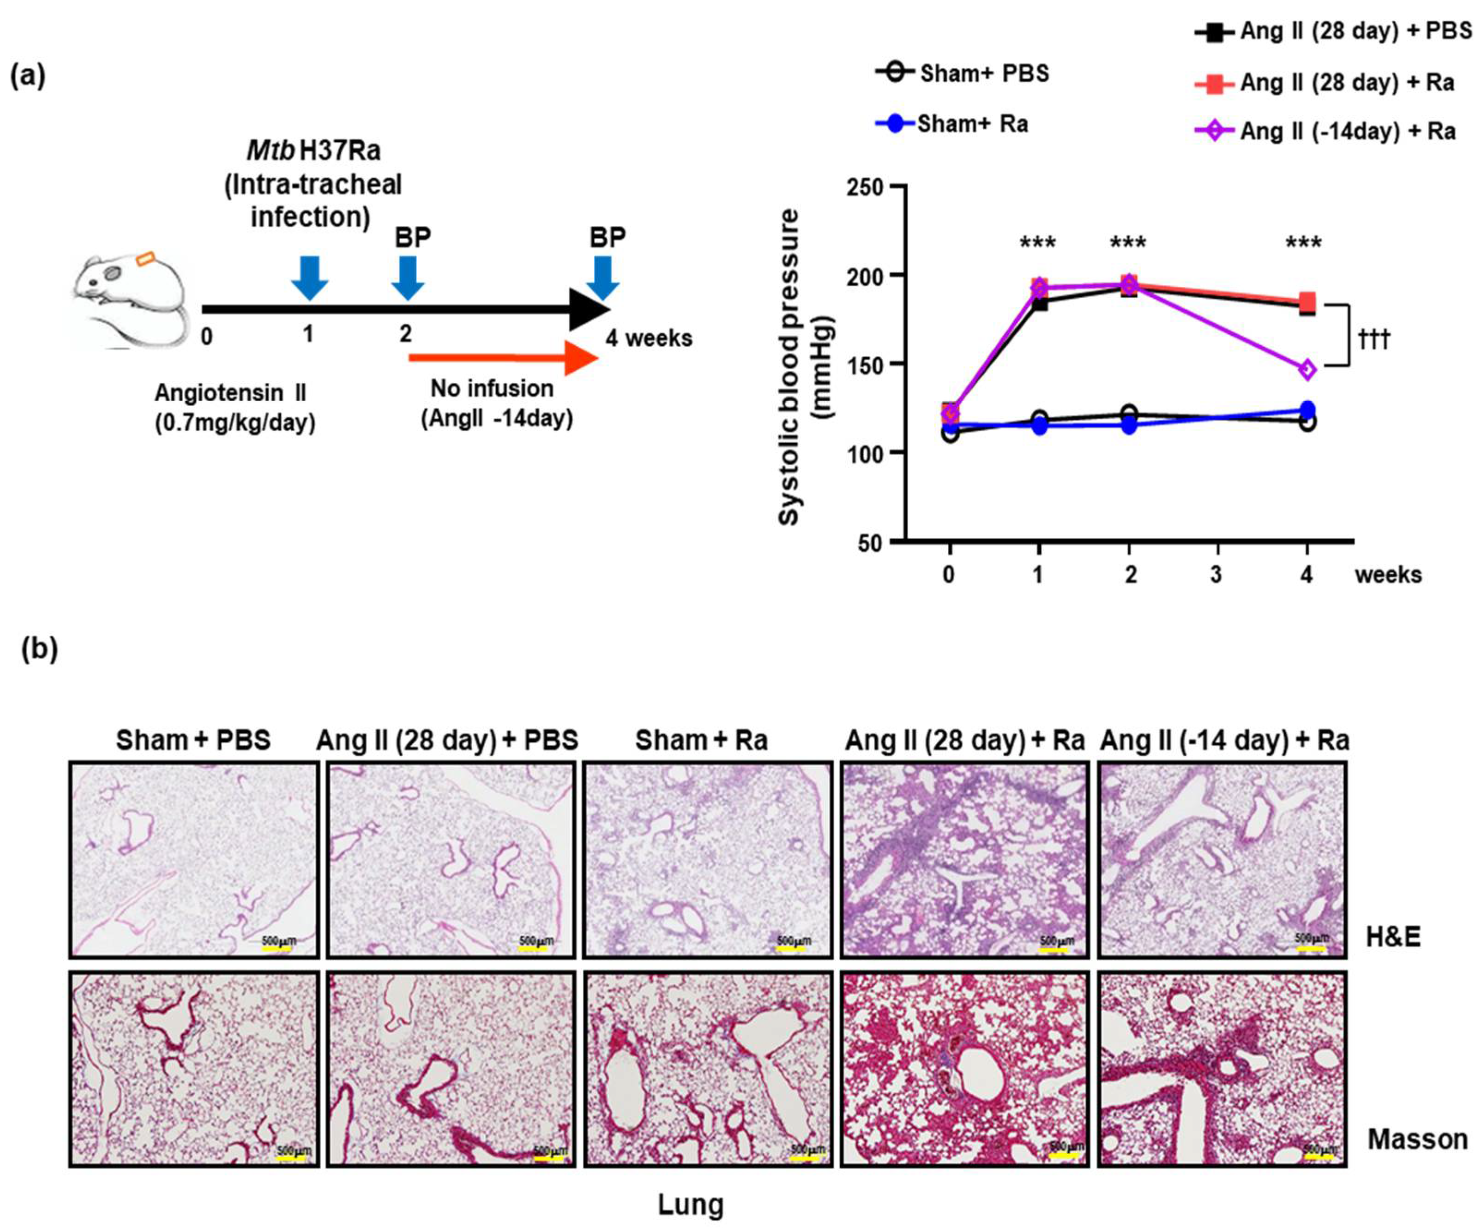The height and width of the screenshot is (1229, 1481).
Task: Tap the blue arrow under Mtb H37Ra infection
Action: click(x=310, y=277)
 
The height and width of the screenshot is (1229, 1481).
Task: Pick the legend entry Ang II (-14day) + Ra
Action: click(x=1326, y=131)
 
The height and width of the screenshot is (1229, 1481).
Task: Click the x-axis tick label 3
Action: click(x=1216, y=575)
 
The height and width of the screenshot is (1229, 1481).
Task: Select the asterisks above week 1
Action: click(x=1037, y=244)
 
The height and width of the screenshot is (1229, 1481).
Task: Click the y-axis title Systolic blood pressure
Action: click(x=790, y=367)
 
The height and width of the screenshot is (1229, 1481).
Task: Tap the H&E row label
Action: click(x=1393, y=937)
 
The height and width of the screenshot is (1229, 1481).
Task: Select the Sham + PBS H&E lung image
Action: click(x=193, y=860)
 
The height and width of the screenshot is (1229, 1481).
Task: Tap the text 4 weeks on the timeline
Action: click(x=648, y=338)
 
